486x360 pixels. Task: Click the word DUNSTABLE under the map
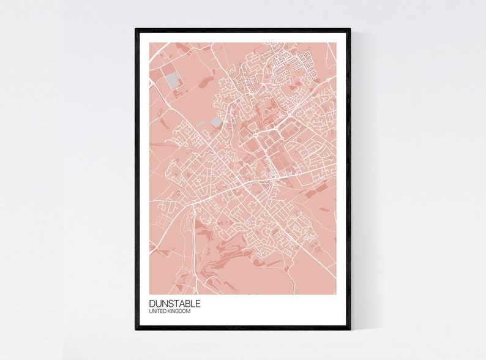point(174,304)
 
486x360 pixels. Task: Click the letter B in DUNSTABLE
point(186,304)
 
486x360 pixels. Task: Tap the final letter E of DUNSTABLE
point(197,304)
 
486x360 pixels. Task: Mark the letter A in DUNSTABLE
point(181,304)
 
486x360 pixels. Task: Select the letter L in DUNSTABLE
point(192,304)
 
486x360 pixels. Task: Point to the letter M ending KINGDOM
point(189,312)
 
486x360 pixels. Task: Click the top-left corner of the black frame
point(136,29)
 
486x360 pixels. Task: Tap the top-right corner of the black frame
point(350,29)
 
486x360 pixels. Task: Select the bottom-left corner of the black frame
point(136,329)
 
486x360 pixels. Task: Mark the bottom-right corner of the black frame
point(350,329)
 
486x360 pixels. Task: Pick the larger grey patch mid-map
point(215,122)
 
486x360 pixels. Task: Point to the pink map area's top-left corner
point(150,43)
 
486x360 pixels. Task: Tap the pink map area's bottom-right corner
point(335,294)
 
